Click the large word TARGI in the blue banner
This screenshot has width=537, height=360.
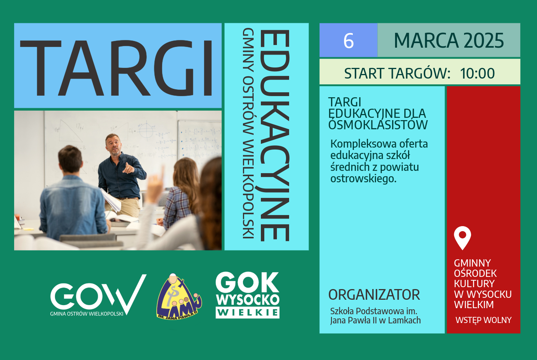click(x=116, y=68)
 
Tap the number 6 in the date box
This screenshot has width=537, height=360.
click(x=349, y=41)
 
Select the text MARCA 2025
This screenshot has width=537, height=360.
click(x=449, y=40)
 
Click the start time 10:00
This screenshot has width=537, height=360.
click(x=477, y=73)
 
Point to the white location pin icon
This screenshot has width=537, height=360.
click(x=463, y=238)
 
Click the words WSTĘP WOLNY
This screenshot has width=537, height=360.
click(x=483, y=320)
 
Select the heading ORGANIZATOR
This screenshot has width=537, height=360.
click(x=374, y=294)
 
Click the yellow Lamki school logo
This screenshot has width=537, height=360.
click(x=179, y=297)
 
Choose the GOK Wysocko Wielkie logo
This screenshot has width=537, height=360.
click(x=248, y=295)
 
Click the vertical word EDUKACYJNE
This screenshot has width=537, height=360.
click(x=275, y=135)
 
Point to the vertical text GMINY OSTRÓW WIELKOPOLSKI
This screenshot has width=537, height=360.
click(x=248, y=133)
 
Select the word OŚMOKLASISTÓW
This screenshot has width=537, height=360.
click(x=378, y=125)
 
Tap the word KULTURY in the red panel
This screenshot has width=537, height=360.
click(x=474, y=284)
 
